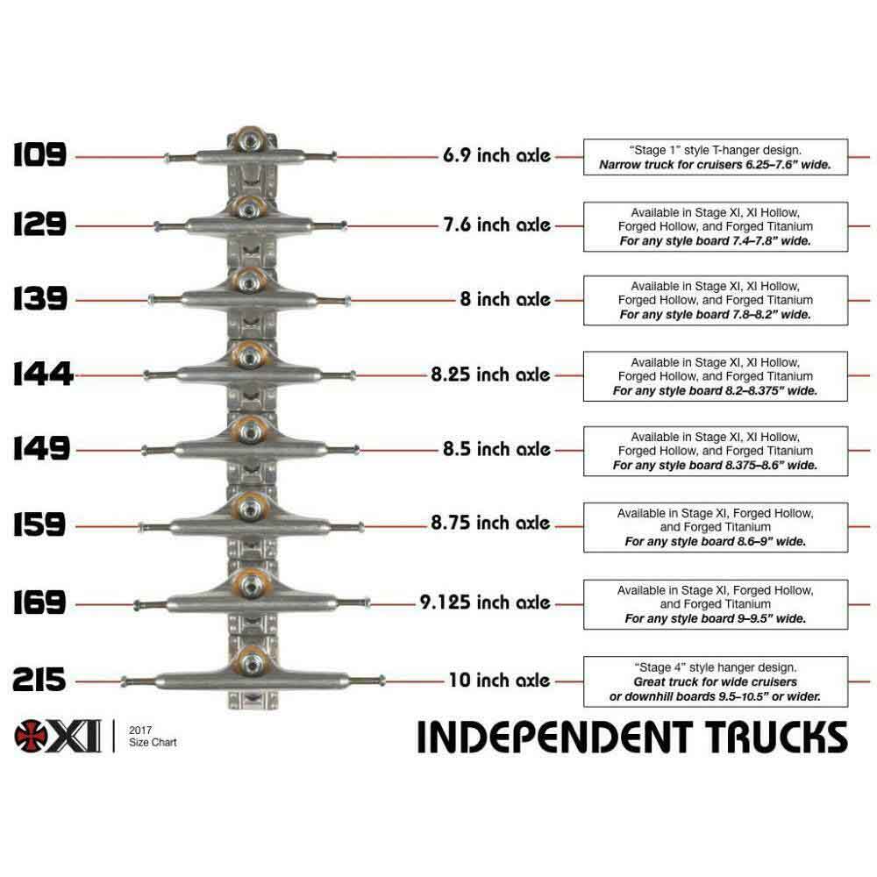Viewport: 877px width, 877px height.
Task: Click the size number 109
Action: coord(39,155)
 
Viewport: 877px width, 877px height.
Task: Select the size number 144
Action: coord(42,375)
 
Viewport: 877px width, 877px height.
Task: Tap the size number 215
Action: coord(39,680)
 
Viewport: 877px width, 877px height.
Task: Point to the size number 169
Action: coord(40,603)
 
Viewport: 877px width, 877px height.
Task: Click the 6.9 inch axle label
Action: coord(496,156)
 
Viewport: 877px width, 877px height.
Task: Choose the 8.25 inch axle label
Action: coord(490,374)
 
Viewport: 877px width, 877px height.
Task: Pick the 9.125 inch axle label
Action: coord(484,602)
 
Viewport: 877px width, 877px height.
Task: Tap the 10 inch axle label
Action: coord(499,680)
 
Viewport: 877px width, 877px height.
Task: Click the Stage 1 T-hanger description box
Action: coord(715,157)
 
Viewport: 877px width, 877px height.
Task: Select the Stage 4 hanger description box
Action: coord(715,681)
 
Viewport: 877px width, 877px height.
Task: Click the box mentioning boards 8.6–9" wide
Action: coord(715,527)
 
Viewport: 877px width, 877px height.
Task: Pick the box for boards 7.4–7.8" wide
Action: coord(715,226)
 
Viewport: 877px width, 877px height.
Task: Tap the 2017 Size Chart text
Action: coord(152,736)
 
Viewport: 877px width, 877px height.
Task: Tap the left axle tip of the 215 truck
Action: coord(125,681)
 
